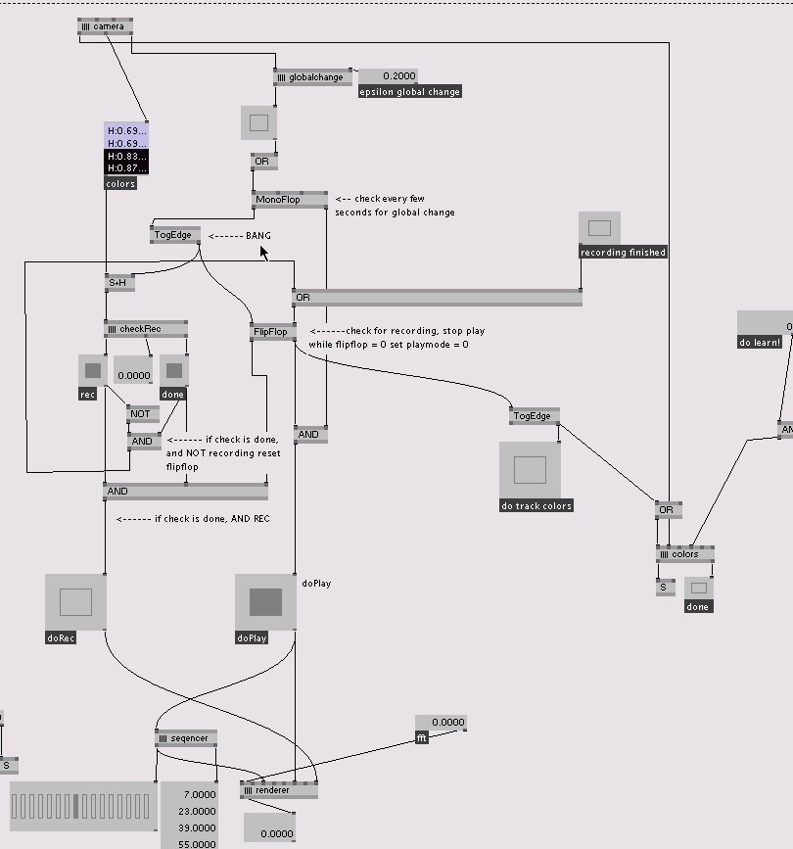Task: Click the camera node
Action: tap(105, 26)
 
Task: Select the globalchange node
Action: tap(312, 76)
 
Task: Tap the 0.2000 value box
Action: tap(388, 76)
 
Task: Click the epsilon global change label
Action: tap(409, 92)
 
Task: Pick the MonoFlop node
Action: tap(290, 200)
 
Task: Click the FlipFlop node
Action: tap(273, 332)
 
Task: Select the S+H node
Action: tap(118, 283)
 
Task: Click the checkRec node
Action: tap(145, 329)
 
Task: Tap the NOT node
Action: tap(143, 414)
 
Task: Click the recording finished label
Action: tap(623, 253)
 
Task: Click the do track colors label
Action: tap(536, 506)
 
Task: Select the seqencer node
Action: tap(186, 738)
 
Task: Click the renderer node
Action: tap(278, 790)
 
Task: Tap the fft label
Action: tap(422, 737)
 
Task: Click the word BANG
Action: tap(258, 236)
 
